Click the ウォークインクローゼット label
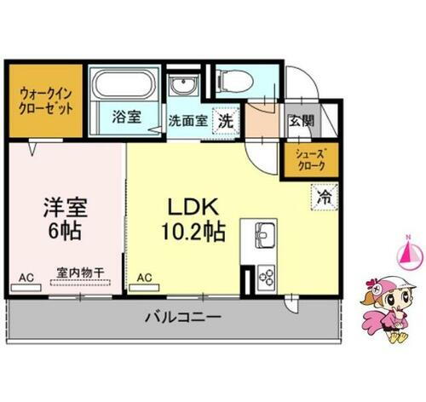46,101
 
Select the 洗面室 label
186,120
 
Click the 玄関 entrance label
300,119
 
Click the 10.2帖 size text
195,231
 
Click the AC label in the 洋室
26,276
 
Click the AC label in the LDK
145,276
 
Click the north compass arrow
407,252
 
